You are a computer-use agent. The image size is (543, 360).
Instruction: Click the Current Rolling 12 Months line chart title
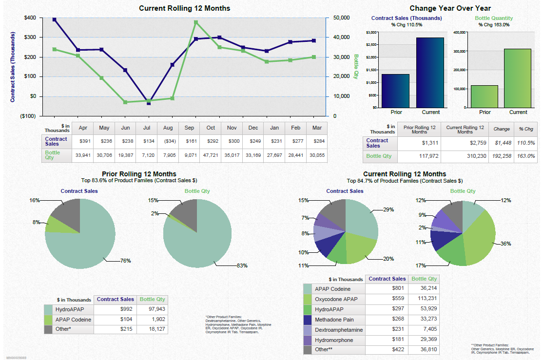(184, 8)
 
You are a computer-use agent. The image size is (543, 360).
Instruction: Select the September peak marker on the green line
(195, 22)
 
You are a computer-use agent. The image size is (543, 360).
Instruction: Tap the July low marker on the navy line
(149, 103)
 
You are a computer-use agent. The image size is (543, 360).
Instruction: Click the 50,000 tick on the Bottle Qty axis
(341, 18)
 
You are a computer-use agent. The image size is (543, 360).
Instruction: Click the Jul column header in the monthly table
(147, 128)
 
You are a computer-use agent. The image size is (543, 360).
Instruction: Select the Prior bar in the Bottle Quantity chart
(485, 96)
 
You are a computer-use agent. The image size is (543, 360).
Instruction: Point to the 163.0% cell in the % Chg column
(526, 156)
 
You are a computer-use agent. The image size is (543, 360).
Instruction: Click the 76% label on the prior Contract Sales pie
(125, 261)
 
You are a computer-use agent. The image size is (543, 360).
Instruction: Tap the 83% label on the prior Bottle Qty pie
(242, 266)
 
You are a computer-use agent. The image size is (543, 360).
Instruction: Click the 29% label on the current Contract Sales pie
(388, 210)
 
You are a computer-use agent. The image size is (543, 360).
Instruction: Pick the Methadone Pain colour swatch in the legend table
(308, 320)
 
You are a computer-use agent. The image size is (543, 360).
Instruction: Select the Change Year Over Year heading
(450, 8)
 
